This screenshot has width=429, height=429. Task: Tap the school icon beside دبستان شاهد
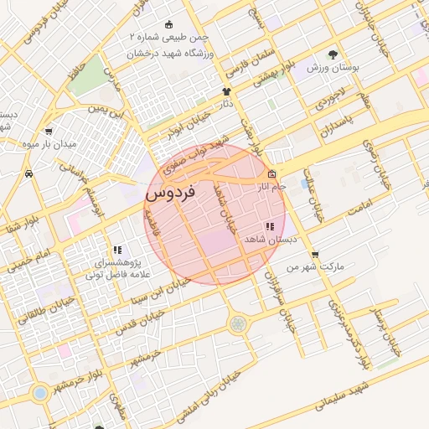point(270,226)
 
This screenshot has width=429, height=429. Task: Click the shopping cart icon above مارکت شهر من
point(314,255)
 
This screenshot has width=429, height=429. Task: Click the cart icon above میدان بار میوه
point(49,131)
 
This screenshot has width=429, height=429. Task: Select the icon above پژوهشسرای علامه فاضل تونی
point(117,249)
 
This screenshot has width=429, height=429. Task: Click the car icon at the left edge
point(29,173)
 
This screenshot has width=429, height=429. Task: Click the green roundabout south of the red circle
point(238,323)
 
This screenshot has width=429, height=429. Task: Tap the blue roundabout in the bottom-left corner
point(39,391)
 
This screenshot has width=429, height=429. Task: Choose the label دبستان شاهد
point(261,240)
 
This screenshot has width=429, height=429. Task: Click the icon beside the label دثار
point(226,90)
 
